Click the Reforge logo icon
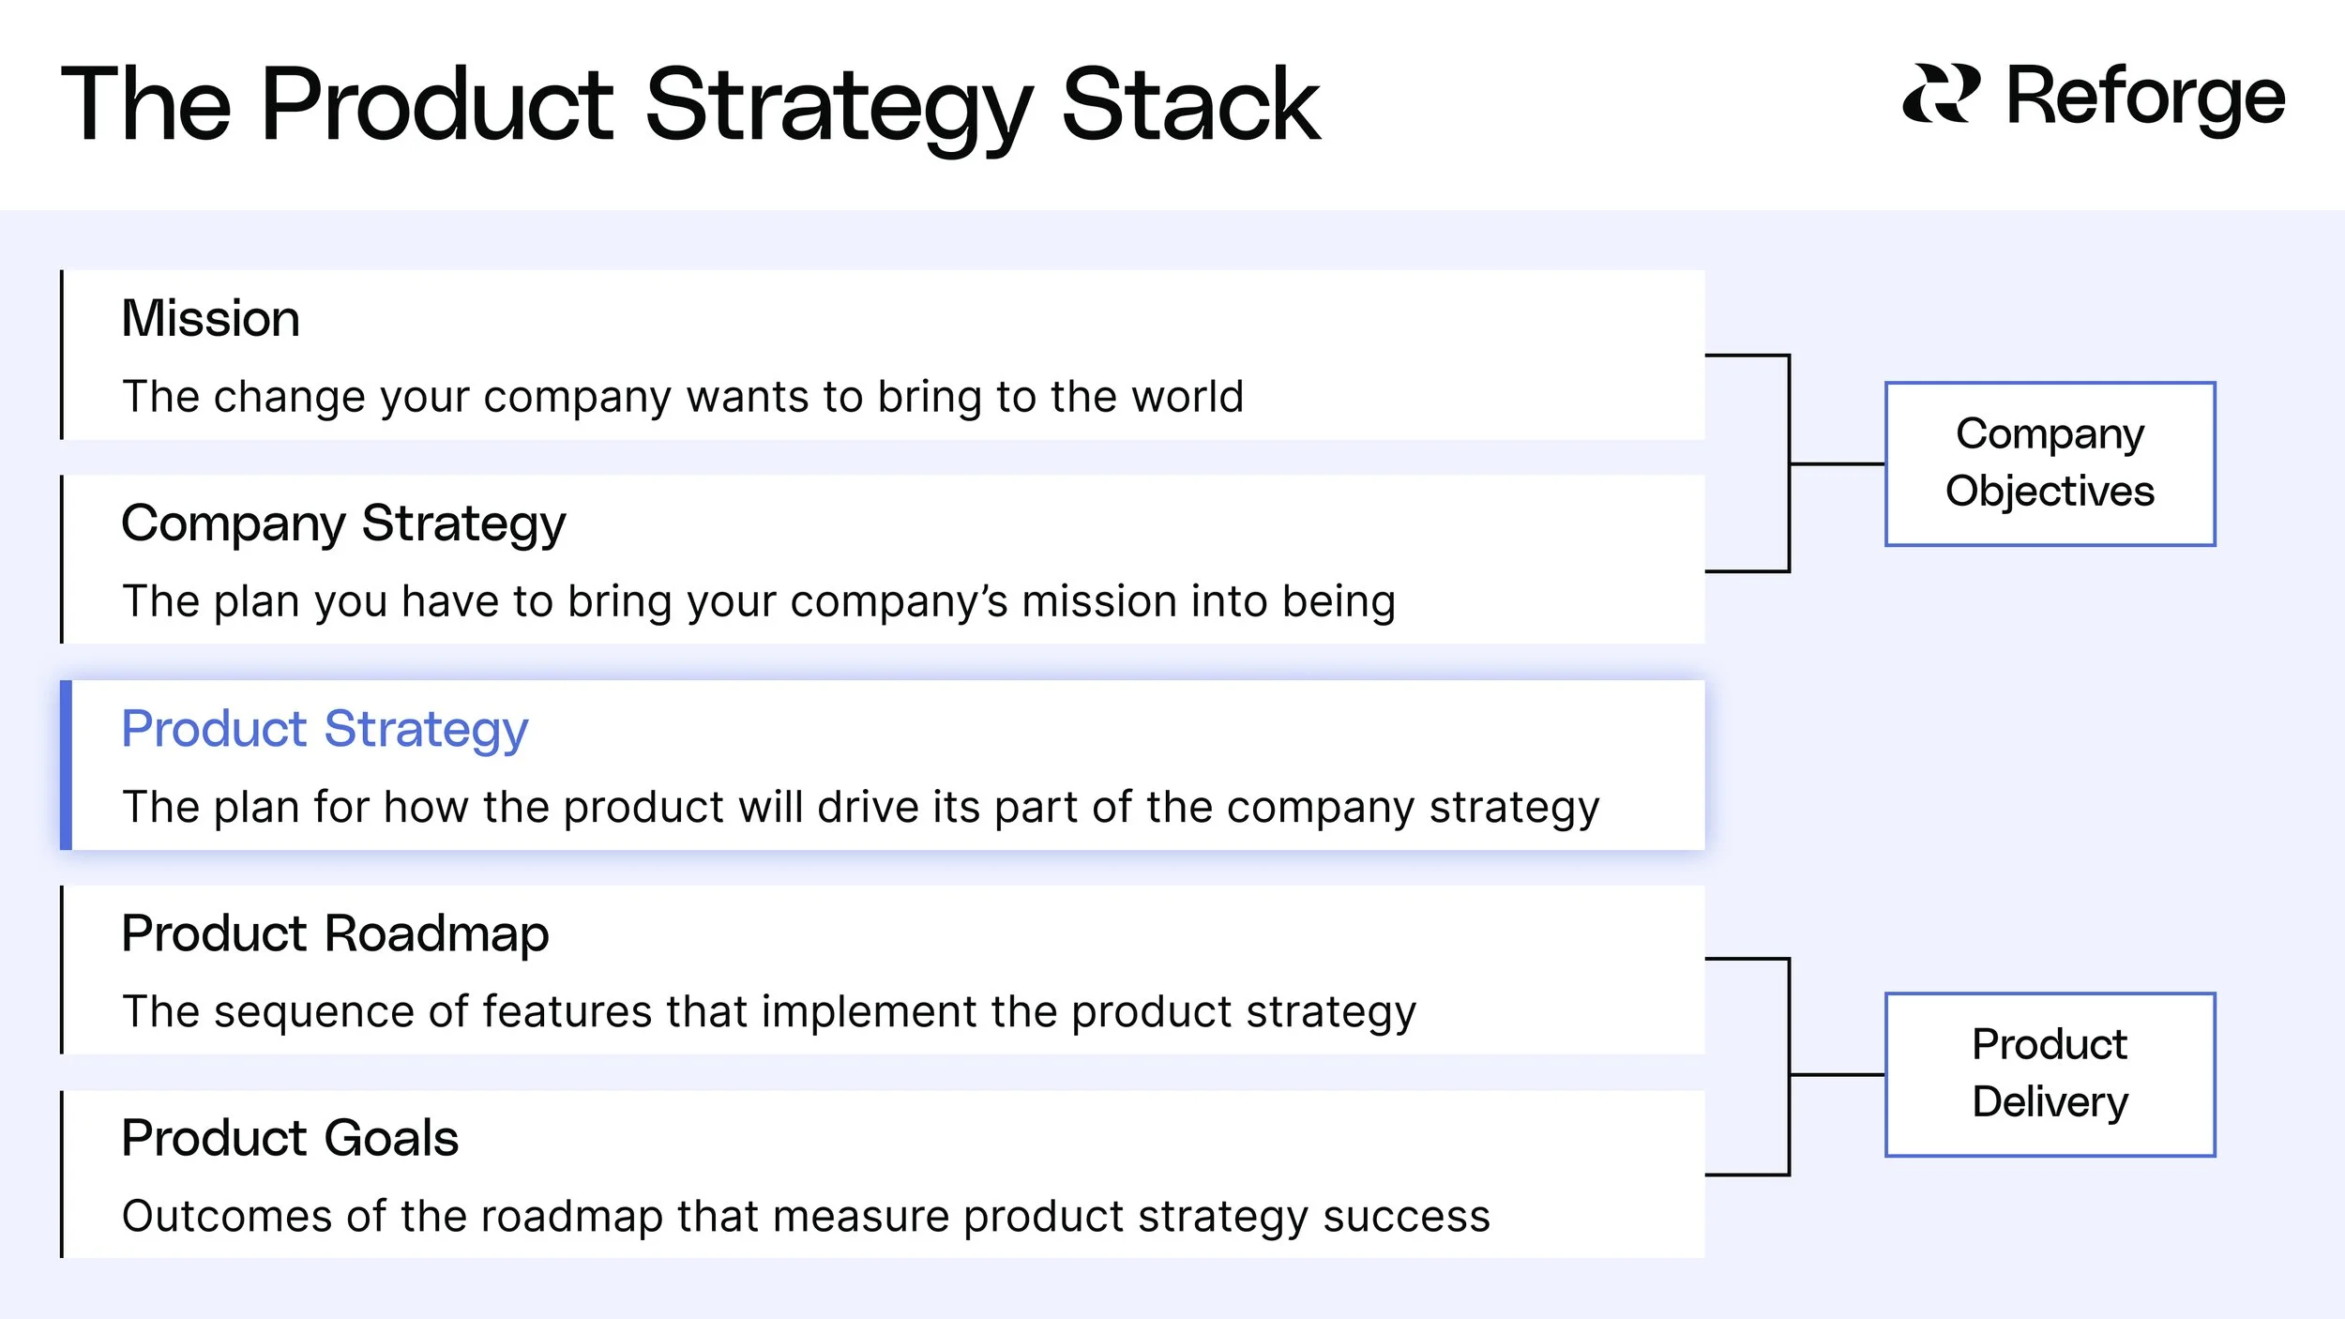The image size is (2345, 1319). point(1941,94)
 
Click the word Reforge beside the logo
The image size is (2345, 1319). point(2145,97)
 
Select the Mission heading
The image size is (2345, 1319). point(210,319)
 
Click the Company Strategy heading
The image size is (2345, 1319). point(343,523)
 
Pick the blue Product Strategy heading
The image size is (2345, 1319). point(325,729)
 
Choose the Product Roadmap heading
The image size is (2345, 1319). point(335,933)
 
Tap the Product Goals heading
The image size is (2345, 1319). point(290,1138)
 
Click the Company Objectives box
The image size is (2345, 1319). point(2050,463)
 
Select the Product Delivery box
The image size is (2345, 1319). point(2050,1074)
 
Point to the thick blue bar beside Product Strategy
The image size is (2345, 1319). point(66,765)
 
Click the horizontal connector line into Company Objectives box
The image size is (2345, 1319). point(1837,463)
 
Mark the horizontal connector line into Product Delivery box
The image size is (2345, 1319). point(1837,1074)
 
